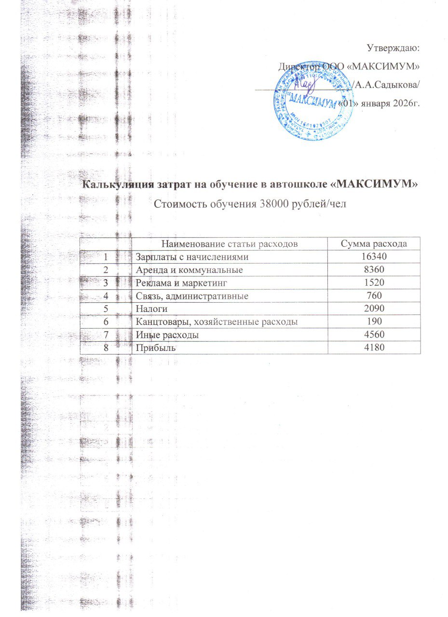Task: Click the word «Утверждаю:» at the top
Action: coord(394,48)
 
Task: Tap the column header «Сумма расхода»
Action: coord(374,244)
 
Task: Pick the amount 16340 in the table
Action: coord(374,258)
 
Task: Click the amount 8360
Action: coord(374,271)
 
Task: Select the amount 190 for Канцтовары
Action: coord(374,322)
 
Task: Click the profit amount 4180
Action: coord(374,347)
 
